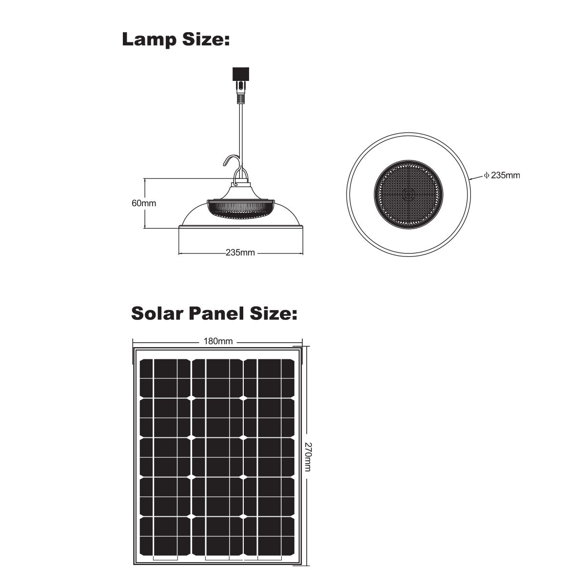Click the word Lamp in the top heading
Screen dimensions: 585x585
coord(149,40)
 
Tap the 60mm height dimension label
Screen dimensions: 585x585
coord(144,203)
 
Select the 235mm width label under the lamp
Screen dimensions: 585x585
coord(240,253)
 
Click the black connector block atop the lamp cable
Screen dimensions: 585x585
coord(241,74)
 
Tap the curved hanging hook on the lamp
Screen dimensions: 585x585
coord(233,164)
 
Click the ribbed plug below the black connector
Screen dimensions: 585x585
coord(241,92)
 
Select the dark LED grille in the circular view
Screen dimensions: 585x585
coord(409,195)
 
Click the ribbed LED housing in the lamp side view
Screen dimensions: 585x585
coord(241,209)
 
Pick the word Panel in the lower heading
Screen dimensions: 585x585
coord(216,313)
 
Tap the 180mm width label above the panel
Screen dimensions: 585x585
coord(218,342)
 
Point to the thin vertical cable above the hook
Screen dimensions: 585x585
coord(241,136)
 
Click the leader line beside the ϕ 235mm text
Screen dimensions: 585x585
coord(476,177)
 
